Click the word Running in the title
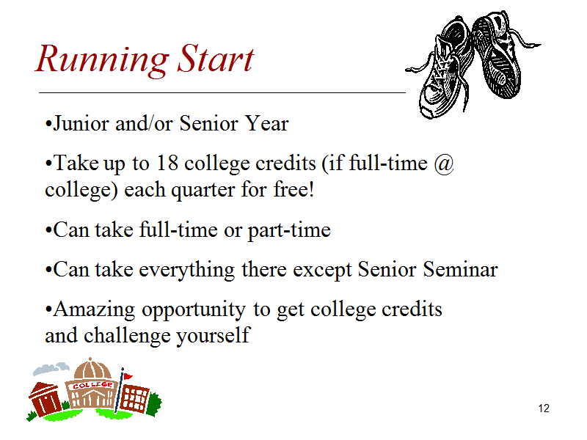102,60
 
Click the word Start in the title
216,58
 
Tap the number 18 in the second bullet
167,163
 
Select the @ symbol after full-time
444,164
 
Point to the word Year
266,123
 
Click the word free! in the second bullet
293,189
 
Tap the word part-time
289,230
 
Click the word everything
187,270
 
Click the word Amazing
94,309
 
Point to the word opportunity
194,310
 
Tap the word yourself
213,336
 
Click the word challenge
127,336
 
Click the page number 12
544,408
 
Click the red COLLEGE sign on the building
92,385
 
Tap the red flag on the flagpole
128,376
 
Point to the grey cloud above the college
51,369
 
